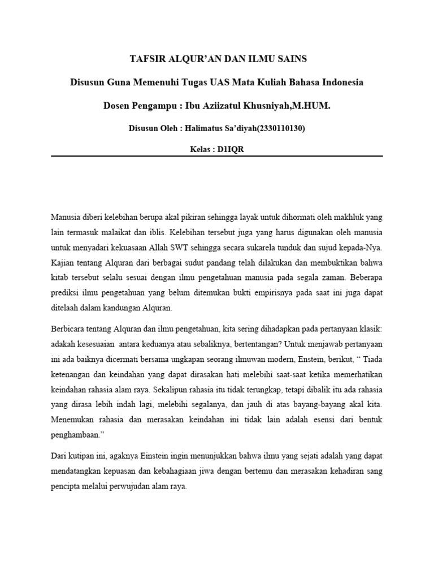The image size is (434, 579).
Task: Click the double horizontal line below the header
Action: [217, 156]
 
